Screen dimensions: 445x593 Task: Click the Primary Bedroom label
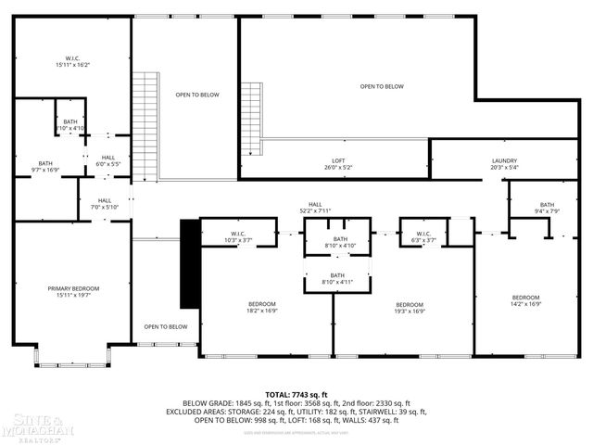point(73,292)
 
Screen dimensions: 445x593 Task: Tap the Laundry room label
point(504,164)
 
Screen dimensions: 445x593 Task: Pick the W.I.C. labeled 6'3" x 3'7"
point(423,236)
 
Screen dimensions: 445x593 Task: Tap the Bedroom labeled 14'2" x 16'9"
point(525,301)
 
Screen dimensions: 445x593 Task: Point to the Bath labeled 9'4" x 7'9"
point(547,209)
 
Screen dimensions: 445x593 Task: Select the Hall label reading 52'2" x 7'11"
point(315,208)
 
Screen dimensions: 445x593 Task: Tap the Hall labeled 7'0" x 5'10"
point(105,204)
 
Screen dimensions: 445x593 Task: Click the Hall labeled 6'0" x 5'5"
point(108,160)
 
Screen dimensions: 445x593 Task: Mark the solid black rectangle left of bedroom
point(189,263)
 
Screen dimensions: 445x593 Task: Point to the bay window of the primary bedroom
point(73,357)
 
